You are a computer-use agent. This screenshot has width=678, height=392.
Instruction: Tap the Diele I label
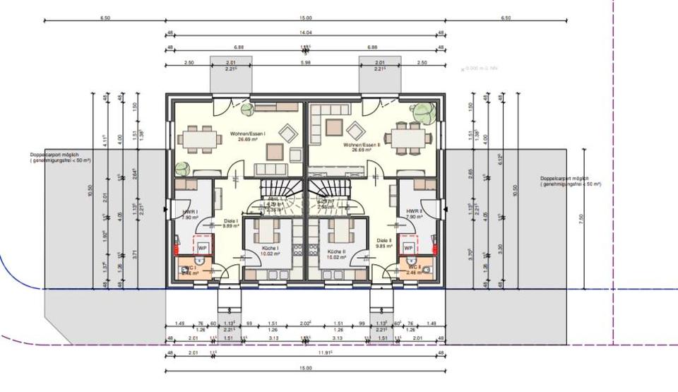click(230, 223)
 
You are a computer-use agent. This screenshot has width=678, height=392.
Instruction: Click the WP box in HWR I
click(202, 248)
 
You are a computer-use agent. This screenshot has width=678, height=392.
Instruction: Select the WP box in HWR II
click(408, 248)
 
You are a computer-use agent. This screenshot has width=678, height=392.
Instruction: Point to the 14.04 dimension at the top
click(305, 33)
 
